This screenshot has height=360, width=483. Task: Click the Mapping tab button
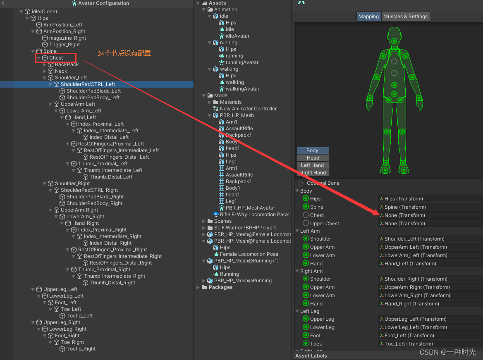[x=368, y=17]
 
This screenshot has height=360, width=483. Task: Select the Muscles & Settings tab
[x=405, y=17]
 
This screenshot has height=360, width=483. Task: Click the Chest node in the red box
[x=56, y=58]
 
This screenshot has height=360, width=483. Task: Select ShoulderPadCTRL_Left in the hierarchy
[x=88, y=84]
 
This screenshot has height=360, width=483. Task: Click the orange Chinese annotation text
[x=124, y=53]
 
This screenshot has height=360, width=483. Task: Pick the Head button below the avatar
[x=313, y=158]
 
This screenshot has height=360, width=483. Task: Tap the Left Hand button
[x=313, y=165]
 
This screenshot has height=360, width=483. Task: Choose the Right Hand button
[x=313, y=173]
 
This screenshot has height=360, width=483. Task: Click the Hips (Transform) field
[x=430, y=199]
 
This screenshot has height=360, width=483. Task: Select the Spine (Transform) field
[x=430, y=207]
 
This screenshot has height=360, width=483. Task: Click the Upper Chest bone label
[x=324, y=224]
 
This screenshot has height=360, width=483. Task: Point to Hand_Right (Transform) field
[x=430, y=304]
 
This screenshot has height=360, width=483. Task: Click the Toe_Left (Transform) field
[x=430, y=344]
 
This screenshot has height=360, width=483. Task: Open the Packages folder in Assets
[x=220, y=287]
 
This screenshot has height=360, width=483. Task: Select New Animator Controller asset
[x=248, y=109]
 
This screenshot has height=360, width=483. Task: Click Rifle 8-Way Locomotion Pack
[x=254, y=215]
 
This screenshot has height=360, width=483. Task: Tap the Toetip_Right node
[x=81, y=349]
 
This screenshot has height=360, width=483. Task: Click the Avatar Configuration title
[x=103, y=3]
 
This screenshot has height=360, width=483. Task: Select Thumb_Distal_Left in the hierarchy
[x=111, y=177]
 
